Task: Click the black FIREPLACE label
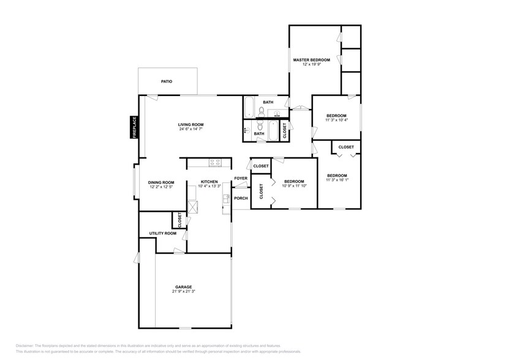[x=134, y=127]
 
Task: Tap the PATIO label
[x=166, y=81]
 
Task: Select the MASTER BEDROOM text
[x=311, y=60]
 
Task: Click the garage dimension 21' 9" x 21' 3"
[x=184, y=291]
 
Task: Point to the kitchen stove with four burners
[x=215, y=163]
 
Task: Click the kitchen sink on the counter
[x=226, y=198]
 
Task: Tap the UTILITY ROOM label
[x=163, y=233]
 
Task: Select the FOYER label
[x=241, y=179]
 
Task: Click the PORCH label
[x=241, y=198]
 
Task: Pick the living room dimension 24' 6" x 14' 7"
[x=190, y=129]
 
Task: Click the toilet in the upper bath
[x=262, y=111]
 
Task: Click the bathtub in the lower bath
[x=284, y=130]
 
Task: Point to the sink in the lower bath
[x=246, y=130]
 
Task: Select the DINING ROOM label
[x=161, y=182]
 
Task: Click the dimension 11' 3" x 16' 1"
[x=337, y=180]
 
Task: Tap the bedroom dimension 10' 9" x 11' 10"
[x=294, y=186]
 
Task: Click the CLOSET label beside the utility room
[x=179, y=219]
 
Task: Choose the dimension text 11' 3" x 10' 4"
[x=336, y=120]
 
